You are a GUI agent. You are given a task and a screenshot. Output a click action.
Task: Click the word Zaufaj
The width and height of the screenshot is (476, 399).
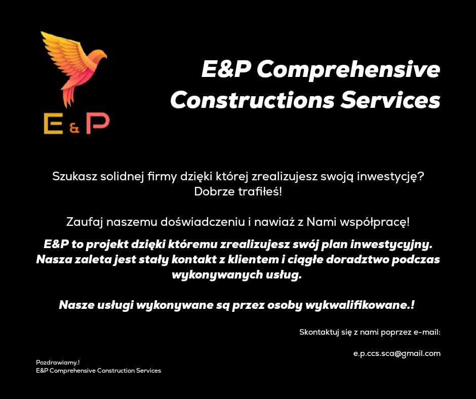[x=83, y=222]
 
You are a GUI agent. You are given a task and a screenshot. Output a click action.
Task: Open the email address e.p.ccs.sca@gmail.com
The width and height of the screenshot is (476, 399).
[x=396, y=353]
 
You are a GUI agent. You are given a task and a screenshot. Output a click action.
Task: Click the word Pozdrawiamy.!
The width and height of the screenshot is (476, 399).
[x=58, y=363]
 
